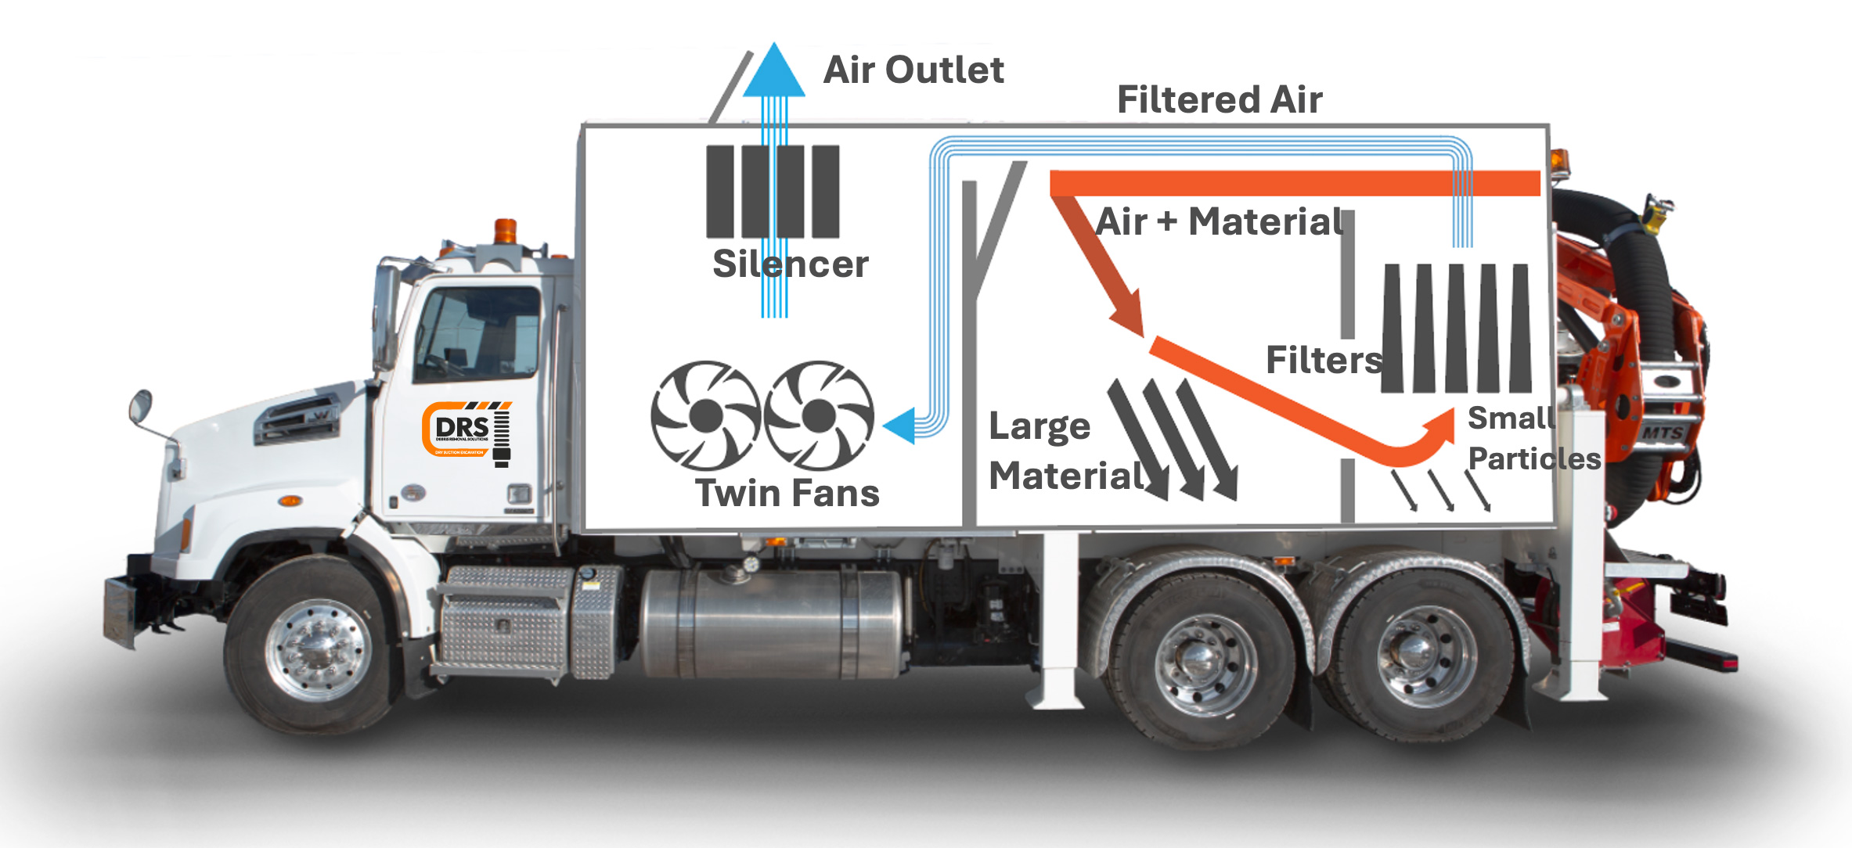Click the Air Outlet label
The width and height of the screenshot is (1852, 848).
(913, 70)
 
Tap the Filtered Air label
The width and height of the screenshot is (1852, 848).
(1219, 100)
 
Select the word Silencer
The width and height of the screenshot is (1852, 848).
(790, 264)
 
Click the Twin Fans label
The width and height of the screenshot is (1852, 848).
(787, 494)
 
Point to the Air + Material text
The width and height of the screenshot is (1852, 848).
(1220, 221)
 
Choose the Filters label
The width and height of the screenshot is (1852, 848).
(1324, 361)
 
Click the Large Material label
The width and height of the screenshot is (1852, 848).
(1065, 451)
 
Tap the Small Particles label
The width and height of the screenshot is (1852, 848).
(1533, 439)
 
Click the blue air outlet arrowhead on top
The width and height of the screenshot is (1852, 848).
(773, 71)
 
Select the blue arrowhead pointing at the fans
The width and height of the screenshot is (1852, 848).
(899, 425)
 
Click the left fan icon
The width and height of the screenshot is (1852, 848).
(705, 415)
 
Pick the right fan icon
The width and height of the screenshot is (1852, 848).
(819, 415)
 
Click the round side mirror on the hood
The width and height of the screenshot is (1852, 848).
(140, 406)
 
